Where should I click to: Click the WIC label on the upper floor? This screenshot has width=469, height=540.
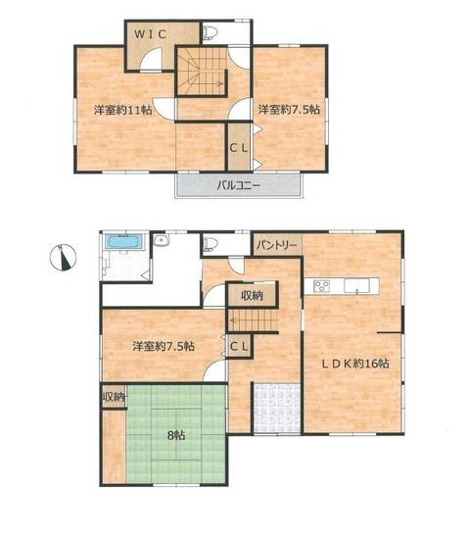pos(151,34)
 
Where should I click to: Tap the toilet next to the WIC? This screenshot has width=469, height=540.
pos(210,33)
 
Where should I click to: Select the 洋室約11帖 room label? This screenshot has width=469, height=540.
pos(122,110)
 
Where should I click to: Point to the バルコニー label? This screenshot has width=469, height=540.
pos(239,185)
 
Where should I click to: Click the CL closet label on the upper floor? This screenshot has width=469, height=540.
pos(239,148)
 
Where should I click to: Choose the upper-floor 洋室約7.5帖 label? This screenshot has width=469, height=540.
pos(289,110)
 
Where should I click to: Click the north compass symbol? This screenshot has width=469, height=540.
pos(63,257)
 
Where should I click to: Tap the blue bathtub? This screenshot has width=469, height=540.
pos(123,241)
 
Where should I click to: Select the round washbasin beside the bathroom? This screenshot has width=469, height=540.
pos(161,240)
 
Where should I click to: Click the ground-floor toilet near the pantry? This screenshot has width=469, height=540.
pos(211,243)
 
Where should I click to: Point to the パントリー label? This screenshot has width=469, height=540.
pos(277,245)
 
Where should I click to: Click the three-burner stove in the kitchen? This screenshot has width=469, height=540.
pos(322,285)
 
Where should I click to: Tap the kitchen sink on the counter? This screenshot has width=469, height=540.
pos(356,286)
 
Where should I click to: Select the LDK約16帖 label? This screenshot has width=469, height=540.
pos(355,363)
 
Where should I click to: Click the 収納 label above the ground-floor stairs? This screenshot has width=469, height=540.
pos(252,295)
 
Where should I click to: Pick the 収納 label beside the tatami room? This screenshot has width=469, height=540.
pos(113,397)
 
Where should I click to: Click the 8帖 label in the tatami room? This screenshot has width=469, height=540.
pos(176,435)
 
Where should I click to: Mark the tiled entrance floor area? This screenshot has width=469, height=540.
pos(277,408)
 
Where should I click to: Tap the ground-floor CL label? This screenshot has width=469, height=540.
pos(239,347)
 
